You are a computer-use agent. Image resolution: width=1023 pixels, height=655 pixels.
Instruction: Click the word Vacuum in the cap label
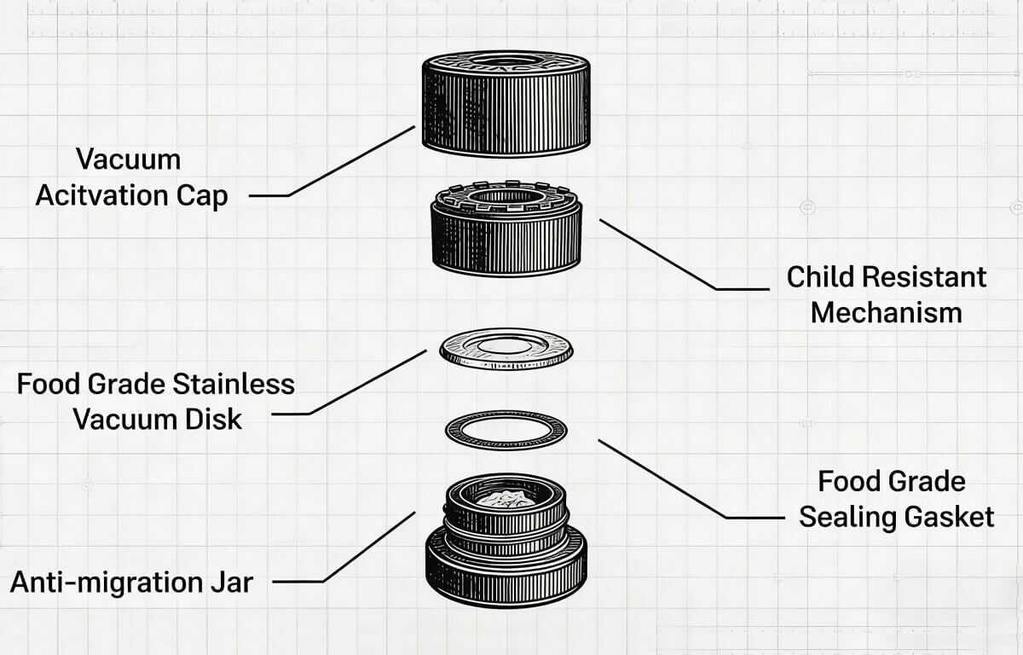point(128,159)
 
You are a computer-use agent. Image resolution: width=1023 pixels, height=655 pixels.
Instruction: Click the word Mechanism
point(886,312)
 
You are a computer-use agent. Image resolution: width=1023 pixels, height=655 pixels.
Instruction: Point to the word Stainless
point(234,384)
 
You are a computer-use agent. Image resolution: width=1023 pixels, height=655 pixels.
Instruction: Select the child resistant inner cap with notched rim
point(507,235)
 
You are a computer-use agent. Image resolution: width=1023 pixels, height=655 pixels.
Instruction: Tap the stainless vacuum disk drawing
point(506,350)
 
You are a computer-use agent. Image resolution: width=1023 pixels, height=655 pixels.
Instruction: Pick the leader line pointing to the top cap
point(350,162)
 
